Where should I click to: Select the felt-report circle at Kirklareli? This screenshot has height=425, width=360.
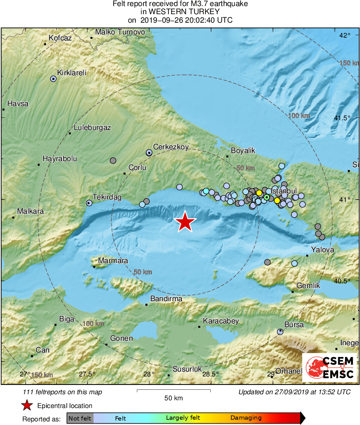[53, 79]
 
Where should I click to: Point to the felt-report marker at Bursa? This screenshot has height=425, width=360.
[280, 332]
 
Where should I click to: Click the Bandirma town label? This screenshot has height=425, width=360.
[166, 299]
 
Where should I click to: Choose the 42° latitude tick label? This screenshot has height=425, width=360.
[345, 36]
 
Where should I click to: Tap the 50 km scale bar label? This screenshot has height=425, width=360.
[173, 398]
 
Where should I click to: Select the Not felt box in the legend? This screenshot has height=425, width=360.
[80, 418]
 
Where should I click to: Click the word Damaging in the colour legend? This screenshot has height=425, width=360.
[246, 418]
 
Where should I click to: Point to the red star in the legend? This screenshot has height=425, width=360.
[27, 406]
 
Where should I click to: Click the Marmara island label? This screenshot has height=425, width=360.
[113, 261]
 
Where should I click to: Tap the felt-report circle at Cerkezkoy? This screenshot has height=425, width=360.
[149, 153]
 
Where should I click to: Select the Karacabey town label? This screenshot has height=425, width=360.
[221, 321]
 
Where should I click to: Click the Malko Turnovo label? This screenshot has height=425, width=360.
[120, 32]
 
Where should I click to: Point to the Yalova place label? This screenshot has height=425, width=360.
[322, 250]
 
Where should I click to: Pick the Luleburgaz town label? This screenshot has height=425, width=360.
[92, 127]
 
